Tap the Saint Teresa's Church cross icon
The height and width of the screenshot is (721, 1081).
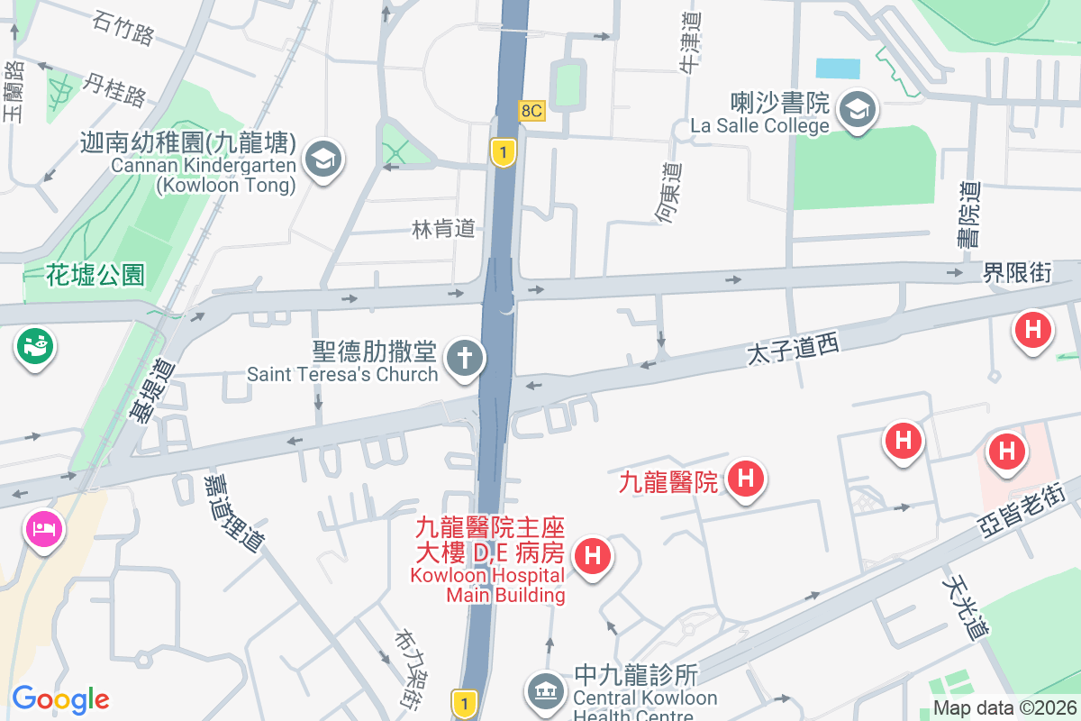pyautogui.click(x=465, y=358)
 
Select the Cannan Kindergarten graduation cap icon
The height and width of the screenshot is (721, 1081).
pyautogui.click(x=321, y=160)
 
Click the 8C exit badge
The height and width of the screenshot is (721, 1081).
pyautogui.click(x=531, y=111)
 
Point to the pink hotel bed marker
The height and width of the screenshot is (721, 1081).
pyautogui.click(x=42, y=526)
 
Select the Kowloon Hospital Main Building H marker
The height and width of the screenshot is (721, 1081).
pyautogui.click(x=593, y=555)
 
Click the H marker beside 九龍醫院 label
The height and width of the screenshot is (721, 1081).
pyautogui.click(x=745, y=478)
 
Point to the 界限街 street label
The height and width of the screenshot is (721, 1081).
pyautogui.click(x=1017, y=272)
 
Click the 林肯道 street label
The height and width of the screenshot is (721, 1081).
pyautogui.click(x=443, y=229)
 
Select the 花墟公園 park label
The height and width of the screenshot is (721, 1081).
pyautogui.click(x=95, y=275)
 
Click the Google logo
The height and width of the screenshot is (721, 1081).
pyautogui.click(x=60, y=699)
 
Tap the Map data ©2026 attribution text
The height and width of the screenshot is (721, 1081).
pyautogui.click(x=1004, y=708)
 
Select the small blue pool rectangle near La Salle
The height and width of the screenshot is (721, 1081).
pyautogui.click(x=838, y=68)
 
